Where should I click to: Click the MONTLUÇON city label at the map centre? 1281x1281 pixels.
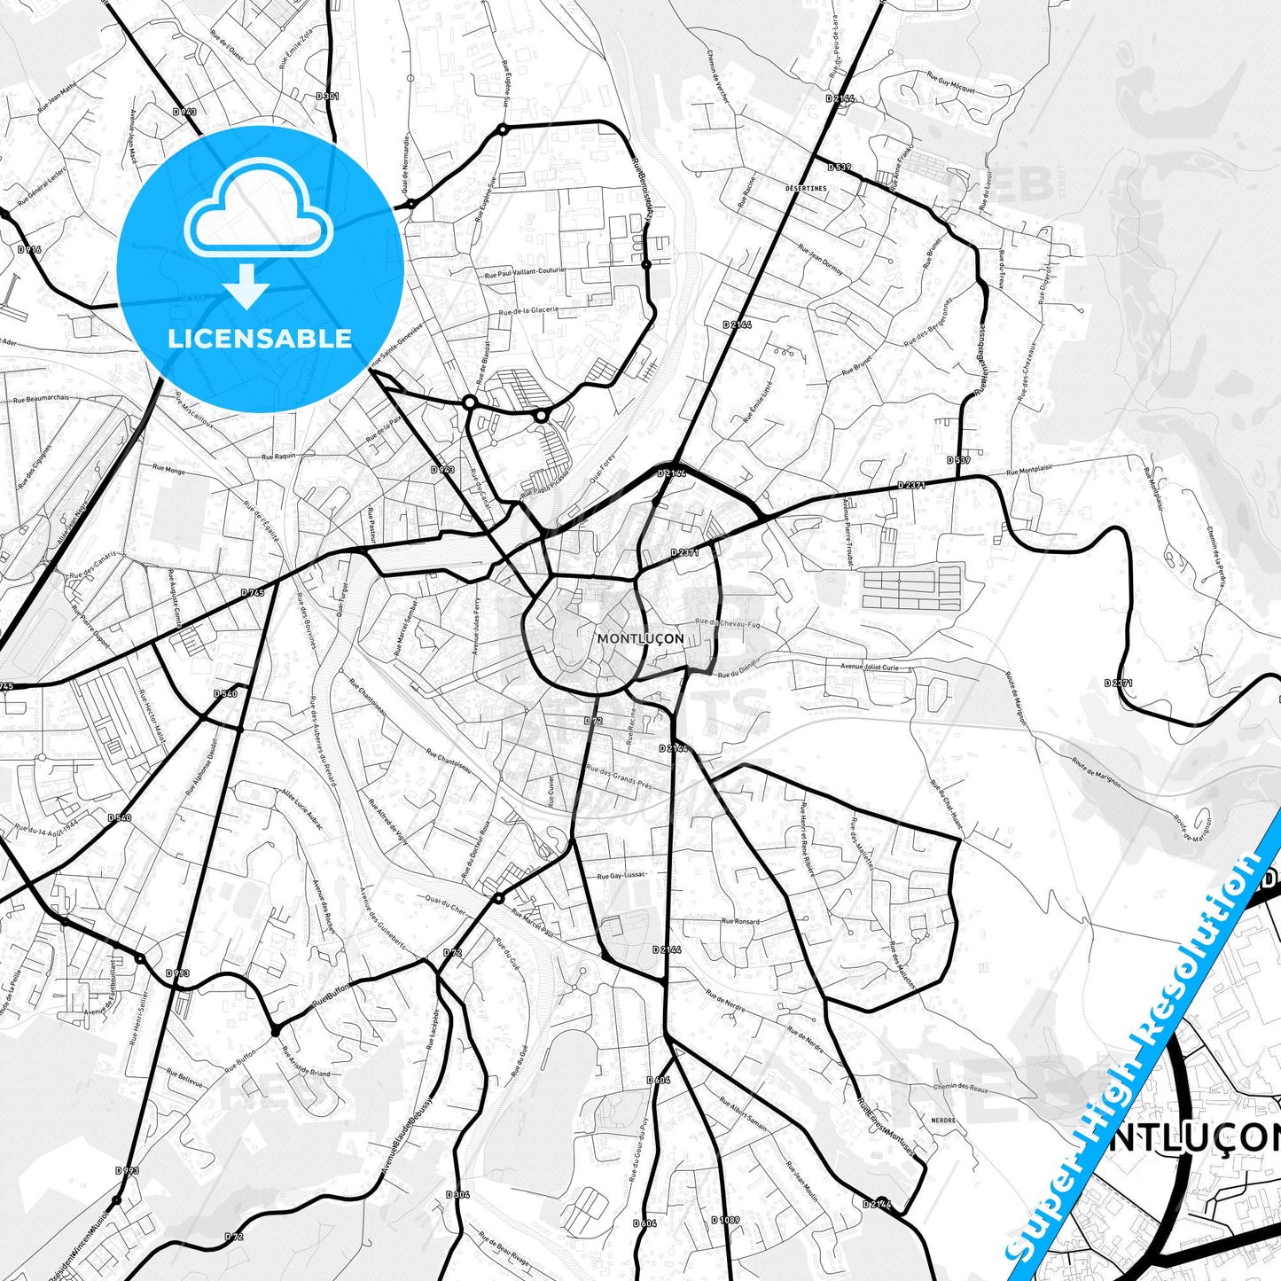(x=640, y=638)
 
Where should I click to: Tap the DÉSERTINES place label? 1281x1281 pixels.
(x=805, y=189)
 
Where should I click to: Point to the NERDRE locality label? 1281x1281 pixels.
(x=943, y=1121)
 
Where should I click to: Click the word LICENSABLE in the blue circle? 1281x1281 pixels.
(x=260, y=339)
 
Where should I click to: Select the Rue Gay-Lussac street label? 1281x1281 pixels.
(x=621, y=875)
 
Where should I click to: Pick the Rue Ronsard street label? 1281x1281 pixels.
(x=740, y=921)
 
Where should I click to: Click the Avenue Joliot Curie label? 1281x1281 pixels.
(x=869, y=668)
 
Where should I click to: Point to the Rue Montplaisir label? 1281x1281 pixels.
(x=1029, y=471)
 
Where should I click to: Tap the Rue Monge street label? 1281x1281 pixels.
(x=168, y=469)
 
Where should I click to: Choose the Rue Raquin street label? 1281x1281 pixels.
(x=278, y=457)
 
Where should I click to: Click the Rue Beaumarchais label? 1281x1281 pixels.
(x=41, y=399)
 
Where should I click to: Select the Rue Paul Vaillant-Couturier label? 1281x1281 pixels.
(x=525, y=274)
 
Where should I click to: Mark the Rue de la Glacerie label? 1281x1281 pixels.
(x=528, y=311)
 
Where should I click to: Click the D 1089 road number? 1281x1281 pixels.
(x=724, y=1220)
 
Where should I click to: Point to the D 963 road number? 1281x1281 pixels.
(x=184, y=112)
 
